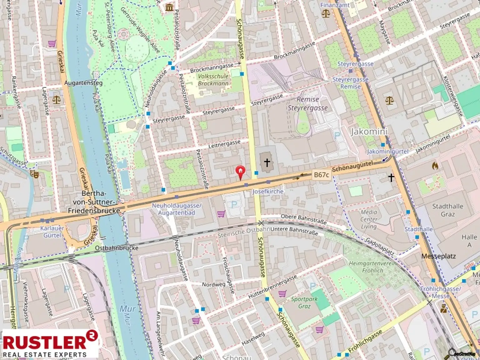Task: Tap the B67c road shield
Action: pos(321,175)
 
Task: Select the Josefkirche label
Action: pos(268,191)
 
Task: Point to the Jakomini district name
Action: pos(369,132)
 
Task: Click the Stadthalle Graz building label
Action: pos(447,210)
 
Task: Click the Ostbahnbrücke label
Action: pos(117,248)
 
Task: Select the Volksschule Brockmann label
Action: pos(213,80)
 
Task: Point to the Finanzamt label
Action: pos(335,5)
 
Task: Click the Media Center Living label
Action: pos(369,219)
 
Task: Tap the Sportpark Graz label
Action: pos(304,302)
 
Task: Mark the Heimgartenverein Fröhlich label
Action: pos(372,267)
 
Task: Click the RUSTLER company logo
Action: pos(50,344)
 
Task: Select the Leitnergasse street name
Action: pos(224,144)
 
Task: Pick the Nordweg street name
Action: pos(213,284)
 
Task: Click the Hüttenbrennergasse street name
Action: pos(272,287)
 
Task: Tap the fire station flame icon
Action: pos(435,166)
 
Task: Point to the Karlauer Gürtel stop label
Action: pos(52,232)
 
